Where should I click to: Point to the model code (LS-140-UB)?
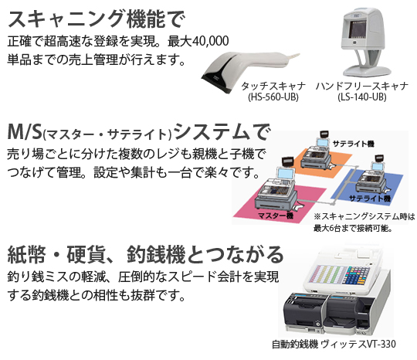click(354, 97)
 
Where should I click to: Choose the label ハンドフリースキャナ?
click(354, 85)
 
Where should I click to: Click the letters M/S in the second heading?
click(25, 129)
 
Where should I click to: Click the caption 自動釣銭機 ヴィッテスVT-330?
click(333, 345)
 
